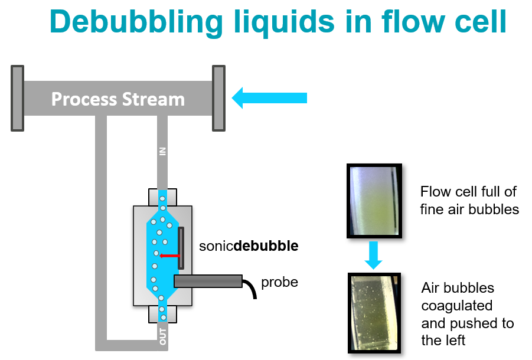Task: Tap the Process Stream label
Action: click(118, 99)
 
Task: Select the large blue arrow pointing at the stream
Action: click(270, 97)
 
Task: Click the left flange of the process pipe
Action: click(17, 98)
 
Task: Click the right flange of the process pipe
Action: click(219, 98)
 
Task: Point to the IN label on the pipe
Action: click(163, 152)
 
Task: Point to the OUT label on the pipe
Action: click(163, 336)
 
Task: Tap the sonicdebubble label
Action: click(249, 246)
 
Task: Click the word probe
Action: click(279, 282)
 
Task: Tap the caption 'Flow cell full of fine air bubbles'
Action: click(469, 200)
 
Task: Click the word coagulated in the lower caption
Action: click(456, 306)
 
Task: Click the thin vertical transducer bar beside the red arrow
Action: click(181, 248)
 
